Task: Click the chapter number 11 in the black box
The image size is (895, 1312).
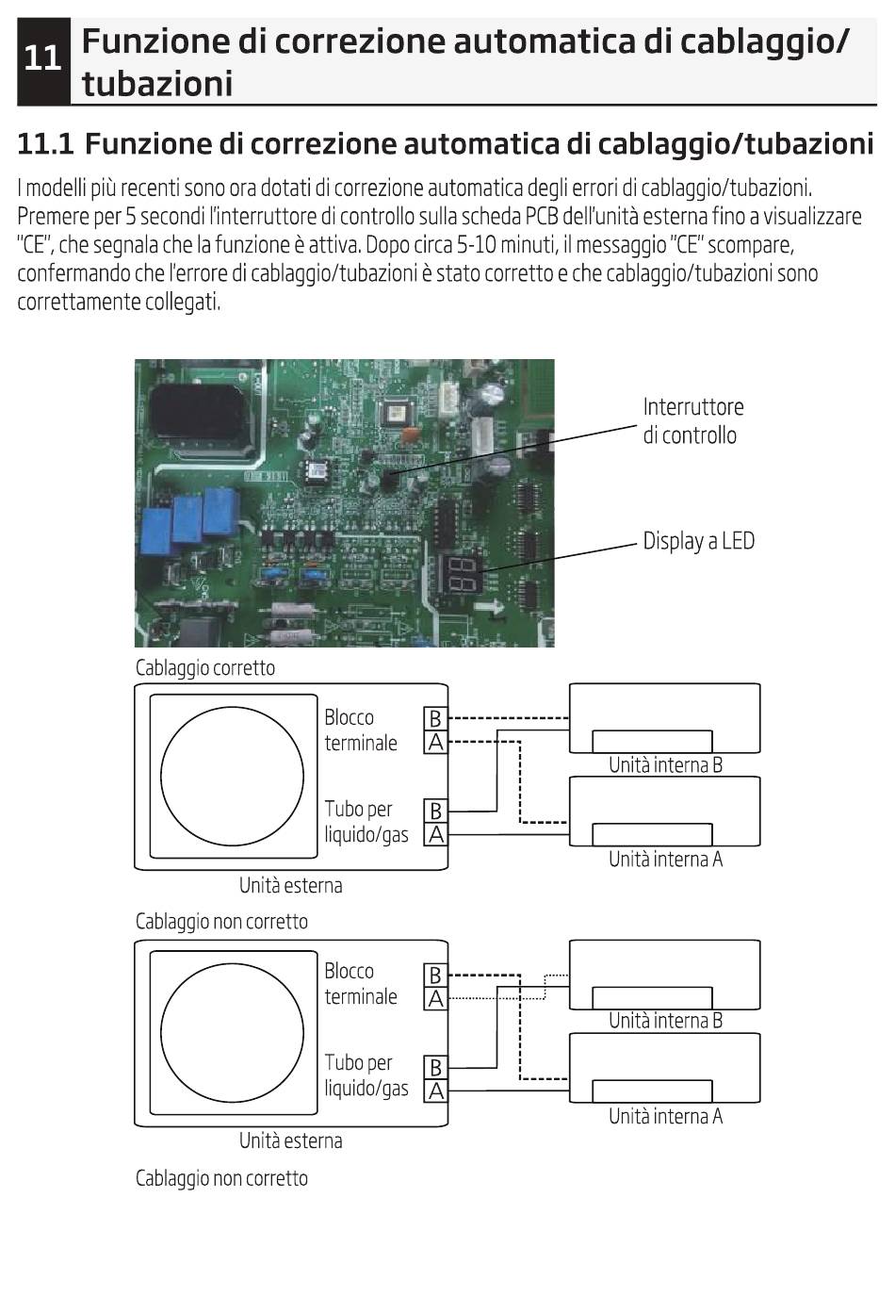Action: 42,59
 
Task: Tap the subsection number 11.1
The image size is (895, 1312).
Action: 45,144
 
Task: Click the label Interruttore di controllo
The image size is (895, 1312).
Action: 692,420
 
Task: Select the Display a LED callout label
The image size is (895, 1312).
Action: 698,541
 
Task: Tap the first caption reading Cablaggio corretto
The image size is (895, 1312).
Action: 205,668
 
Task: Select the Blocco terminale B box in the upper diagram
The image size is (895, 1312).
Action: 434,718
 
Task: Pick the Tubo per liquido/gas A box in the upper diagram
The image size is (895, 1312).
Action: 434,834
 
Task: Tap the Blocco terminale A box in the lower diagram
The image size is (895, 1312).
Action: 434,998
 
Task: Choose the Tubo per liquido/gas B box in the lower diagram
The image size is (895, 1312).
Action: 434,1067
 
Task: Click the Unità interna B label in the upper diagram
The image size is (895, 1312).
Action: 665,765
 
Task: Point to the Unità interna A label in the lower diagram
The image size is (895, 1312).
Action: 665,1117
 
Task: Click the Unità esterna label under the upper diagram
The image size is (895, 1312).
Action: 290,886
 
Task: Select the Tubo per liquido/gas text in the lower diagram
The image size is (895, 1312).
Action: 366,1075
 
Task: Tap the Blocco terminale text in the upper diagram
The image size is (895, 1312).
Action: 361,730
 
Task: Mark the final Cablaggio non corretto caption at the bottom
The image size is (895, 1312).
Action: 221,1178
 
